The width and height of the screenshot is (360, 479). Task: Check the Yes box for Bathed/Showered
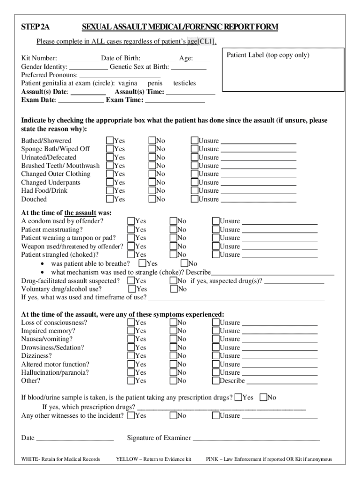[x=110, y=140]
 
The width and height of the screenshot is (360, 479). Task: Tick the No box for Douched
[x=152, y=199]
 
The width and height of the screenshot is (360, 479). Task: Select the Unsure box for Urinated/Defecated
[x=194, y=157]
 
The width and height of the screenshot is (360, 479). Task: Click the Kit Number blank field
[x=79, y=58]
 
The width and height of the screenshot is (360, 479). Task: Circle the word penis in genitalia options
[x=155, y=83]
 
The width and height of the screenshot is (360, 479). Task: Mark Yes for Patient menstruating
[x=131, y=230]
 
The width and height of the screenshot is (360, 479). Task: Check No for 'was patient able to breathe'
[x=184, y=264]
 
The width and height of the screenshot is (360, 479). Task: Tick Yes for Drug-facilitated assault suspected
[x=131, y=281]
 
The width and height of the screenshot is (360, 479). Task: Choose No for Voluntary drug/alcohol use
[x=173, y=289]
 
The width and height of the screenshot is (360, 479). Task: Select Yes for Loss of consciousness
[x=131, y=322]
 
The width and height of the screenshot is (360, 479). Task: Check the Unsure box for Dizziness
[x=216, y=356]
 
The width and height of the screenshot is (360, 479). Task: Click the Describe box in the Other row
[x=216, y=381]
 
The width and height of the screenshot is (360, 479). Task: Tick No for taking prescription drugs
[x=263, y=398]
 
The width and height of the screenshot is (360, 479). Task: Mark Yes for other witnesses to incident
[x=131, y=415]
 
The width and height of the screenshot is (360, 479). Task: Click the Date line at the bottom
[x=75, y=438]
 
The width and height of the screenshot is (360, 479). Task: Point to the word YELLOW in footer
[x=126, y=459]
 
